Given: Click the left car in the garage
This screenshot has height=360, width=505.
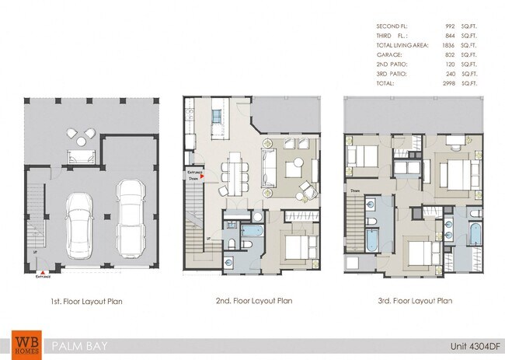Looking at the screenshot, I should [x=79, y=225].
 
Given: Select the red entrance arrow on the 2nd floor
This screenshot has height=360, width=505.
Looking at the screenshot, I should [x=202, y=177].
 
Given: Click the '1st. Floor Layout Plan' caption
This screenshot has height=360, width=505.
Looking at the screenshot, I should [x=85, y=300].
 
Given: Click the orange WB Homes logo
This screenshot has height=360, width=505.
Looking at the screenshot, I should [x=26, y=344].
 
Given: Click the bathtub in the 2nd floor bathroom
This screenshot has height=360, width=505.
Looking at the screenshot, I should [x=251, y=231].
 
